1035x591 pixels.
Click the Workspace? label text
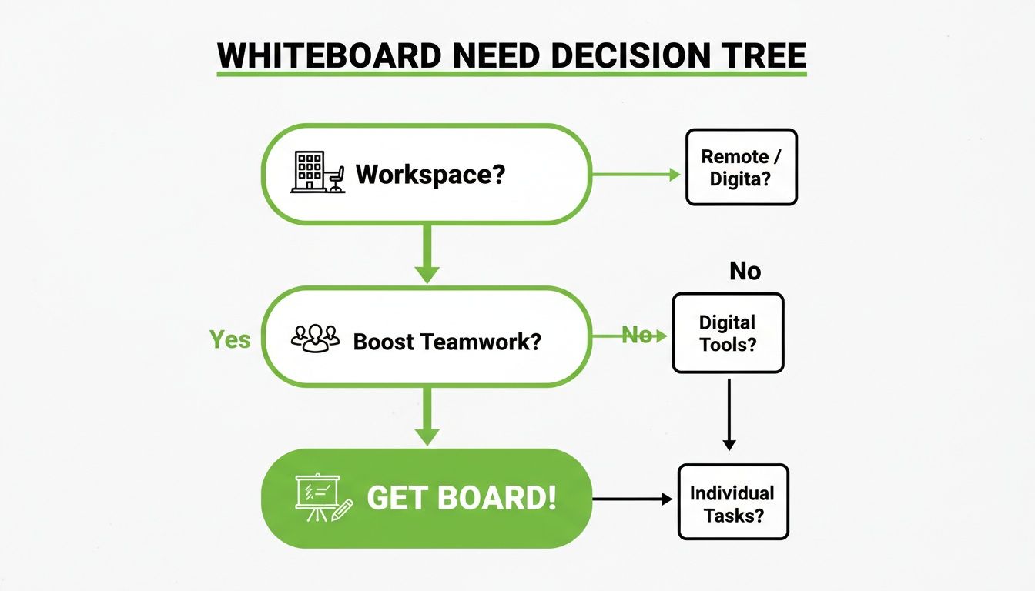430,174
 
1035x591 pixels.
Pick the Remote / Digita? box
741,167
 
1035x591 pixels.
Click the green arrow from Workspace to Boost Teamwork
427,254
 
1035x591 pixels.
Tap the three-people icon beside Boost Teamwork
316,338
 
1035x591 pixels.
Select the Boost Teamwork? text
447,341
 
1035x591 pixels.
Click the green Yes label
230,339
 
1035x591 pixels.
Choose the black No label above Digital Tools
745,271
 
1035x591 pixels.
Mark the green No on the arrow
636,336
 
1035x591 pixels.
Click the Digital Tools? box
728,332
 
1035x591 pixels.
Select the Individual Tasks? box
732,502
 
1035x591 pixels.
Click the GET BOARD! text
461,498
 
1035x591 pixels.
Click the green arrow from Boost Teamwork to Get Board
427,416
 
